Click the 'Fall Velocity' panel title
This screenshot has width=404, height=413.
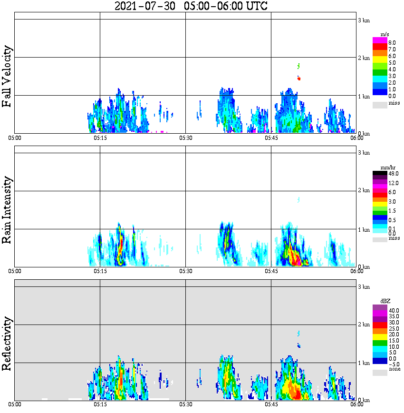(x=7, y=77)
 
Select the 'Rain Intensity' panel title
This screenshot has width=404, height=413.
(x=7, y=210)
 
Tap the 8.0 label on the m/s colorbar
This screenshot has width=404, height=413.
(x=392, y=43)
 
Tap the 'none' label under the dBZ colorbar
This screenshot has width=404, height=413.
(x=394, y=369)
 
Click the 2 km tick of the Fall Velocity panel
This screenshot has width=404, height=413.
(x=364, y=59)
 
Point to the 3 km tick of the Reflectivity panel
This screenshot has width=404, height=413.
(x=364, y=287)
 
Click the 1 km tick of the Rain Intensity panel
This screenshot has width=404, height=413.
(x=364, y=230)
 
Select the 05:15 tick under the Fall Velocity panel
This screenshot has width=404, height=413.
(x=100, y=138)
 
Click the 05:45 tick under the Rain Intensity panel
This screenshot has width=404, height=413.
(x=271, y=271)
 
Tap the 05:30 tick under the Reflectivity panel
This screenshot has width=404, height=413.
(x=185, y=405)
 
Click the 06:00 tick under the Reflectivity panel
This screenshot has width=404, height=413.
(x=356, y=405)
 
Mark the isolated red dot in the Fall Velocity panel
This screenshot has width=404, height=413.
(x=298, y=79)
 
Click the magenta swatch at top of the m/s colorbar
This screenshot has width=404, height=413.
(x=380, y=40)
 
